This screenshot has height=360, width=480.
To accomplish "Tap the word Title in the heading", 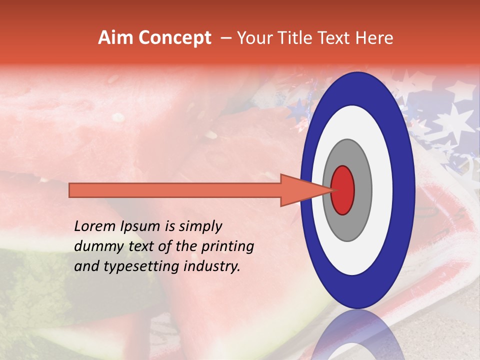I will pos(294,38).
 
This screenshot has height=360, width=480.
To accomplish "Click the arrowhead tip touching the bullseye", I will pos(331,190).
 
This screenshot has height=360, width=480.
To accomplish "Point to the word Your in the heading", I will pos(252,38).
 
